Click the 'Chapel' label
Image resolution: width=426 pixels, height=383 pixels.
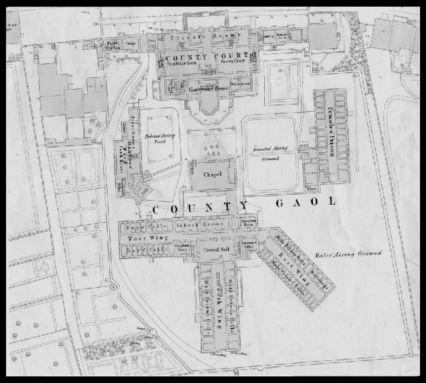click(211, 174)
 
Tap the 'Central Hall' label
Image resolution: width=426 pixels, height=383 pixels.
click(212, 249)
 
